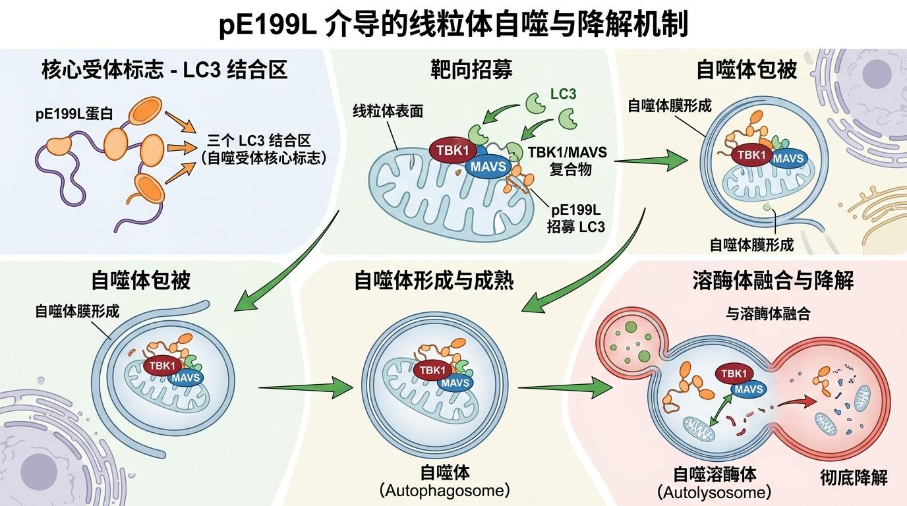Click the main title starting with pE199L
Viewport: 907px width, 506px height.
click(x=453, y=25)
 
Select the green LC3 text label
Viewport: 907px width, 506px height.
click(x=563, y=94)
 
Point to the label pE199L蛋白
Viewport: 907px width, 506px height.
click(x=74, y=114)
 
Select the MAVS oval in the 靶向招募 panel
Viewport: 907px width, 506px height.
click(x=488, y=167)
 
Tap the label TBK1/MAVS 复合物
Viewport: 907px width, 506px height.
click(x=568, y=160)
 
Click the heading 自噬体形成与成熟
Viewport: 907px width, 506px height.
click(x=434, y=281)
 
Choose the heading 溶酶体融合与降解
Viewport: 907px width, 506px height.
click(x=773, y=281)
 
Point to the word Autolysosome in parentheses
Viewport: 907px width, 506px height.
click(x=714, y=492)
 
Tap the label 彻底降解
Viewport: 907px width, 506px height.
click(x=854, y=477)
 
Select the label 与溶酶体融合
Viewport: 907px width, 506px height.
click(x=769, y=314)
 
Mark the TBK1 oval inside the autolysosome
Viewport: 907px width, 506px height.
click(x=733, y=374)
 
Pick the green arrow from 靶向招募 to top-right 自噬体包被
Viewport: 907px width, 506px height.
click(x=649, y=159)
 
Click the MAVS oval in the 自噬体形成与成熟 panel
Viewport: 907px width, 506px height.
click(x=455, y=383)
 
